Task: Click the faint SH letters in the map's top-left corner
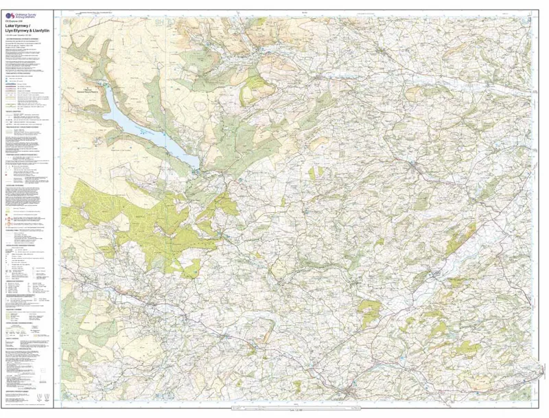pos(66,23)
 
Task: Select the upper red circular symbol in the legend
pos(8,212)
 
